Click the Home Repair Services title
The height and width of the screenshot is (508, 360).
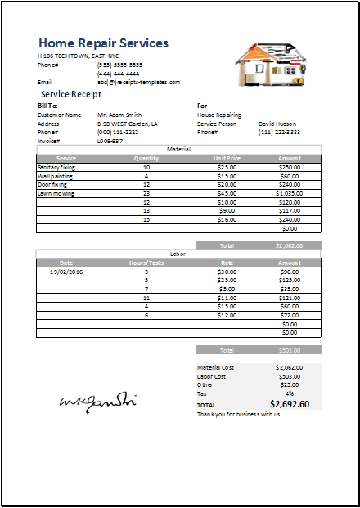(103, 43)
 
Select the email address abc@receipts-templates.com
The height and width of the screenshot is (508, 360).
(138, 82)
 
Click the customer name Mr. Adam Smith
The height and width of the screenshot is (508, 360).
(119, 115)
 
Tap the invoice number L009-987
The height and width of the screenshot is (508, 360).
(110, 141)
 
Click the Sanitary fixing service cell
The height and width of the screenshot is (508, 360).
(56, 167)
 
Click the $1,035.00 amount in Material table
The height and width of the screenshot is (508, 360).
(289, 194)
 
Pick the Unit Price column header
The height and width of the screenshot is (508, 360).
(227, 158)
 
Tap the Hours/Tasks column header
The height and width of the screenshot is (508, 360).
(146, 263)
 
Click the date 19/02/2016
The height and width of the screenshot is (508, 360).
(65, 272)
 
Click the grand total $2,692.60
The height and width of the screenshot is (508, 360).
(289, 404)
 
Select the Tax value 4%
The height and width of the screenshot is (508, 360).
(290, 393)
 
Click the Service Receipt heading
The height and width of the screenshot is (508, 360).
(71, 94)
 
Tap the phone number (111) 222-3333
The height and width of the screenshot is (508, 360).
(279, 133)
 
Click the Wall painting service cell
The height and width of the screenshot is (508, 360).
(56, 176)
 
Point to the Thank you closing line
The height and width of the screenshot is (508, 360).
(238, 414)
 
